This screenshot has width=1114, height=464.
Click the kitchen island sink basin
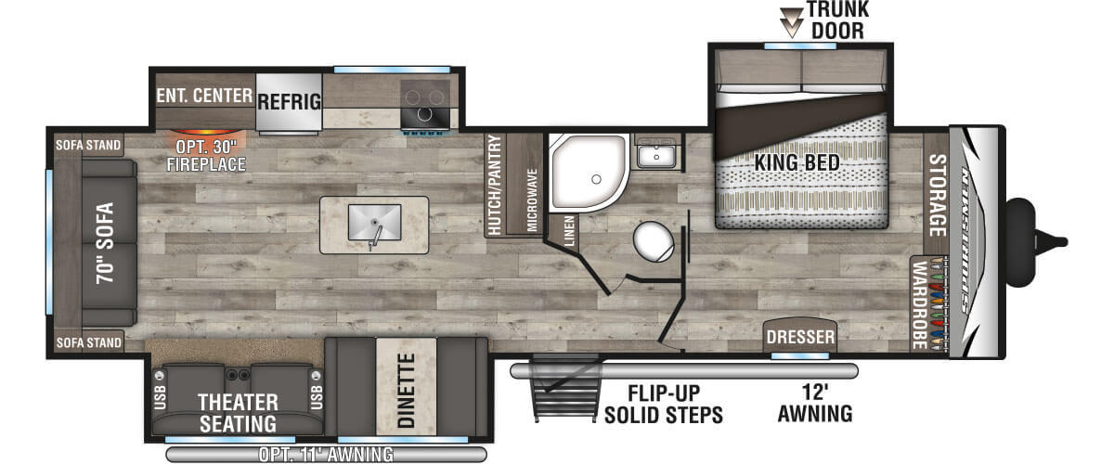(x=374, y=223)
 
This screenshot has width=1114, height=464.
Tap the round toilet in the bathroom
(x=654, y=241)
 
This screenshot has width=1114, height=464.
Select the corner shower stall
(x=588, y=172)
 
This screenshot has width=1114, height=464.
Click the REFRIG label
(x=289, y=102)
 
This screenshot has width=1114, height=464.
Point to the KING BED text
(x=797, y=162)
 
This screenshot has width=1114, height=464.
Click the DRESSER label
(x=800, y=337)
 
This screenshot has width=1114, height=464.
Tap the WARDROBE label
(x=919, y=305)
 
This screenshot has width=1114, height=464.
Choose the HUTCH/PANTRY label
(x=494, y=185)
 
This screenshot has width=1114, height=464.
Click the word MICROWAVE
(x=532, y=200)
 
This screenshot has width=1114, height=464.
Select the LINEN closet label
(x=569, y=231)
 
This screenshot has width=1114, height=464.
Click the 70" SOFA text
(x=105, y=243)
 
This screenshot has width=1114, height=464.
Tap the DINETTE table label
(x=407, y=391)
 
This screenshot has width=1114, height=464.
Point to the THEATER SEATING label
(x=238, y=413)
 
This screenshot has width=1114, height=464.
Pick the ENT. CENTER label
(x=204, y=96)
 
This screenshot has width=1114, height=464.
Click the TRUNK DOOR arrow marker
(x=791, y=22)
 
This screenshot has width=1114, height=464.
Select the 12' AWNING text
(x=815, y=404)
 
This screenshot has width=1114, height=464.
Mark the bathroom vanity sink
(x=656, y=153)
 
